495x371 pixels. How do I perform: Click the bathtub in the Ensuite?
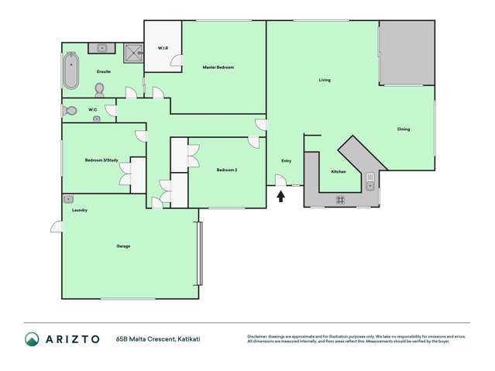tap(72, 70)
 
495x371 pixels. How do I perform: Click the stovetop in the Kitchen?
tap(340, 199)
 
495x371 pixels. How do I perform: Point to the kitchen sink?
tap(370, 183)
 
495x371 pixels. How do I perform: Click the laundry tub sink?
tap(68, 198)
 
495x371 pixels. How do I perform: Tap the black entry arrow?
tap(280, 197)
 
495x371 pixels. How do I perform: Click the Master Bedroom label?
tap(218, 67)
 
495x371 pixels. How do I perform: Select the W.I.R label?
tap(163, 48)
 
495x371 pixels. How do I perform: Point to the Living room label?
tap(325, 80)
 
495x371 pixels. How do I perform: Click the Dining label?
tap(404, 129)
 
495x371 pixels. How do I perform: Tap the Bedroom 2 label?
tap(226, 170)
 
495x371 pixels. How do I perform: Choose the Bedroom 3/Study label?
tap(101, 160)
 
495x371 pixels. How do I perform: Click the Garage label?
tap(123, 246)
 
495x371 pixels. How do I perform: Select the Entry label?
tap(286, 160)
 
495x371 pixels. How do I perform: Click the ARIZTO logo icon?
tap(32, 338)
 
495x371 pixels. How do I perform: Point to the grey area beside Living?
tap(406, 53)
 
